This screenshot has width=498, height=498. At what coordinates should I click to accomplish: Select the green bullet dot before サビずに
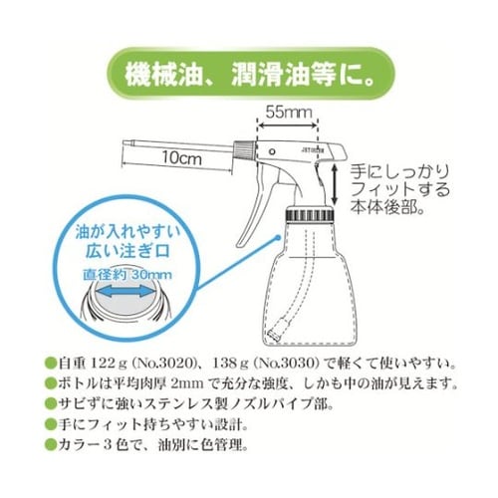(x=50, y=406)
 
